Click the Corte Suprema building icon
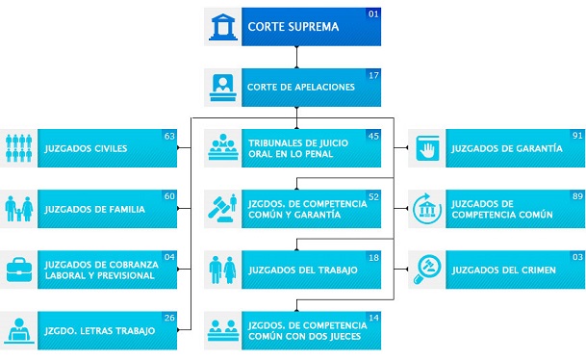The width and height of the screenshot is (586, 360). [x=222, y=27]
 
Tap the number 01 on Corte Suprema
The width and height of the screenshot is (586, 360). [x=374, y=13]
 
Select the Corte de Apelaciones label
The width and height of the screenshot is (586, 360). [x=301, y=88]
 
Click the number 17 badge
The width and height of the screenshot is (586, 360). [x=374, y=75]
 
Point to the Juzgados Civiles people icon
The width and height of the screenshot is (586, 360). [x=19, y=149]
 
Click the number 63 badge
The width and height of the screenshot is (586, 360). [x=169, y=136]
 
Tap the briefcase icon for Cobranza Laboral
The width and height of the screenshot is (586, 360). [x=19, y=270]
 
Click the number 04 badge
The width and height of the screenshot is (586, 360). [x=169, y=257]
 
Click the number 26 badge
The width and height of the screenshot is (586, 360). [x=169, y=318]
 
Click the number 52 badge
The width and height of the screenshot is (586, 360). [x=374, y=196]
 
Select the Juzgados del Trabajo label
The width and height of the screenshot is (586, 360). [x=302, y=270]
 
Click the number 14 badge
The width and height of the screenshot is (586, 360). [x=374, y=318]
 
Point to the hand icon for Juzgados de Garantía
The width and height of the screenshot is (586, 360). [x=426, y=149]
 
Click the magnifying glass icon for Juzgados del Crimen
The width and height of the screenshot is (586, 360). [x=426, y=270]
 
